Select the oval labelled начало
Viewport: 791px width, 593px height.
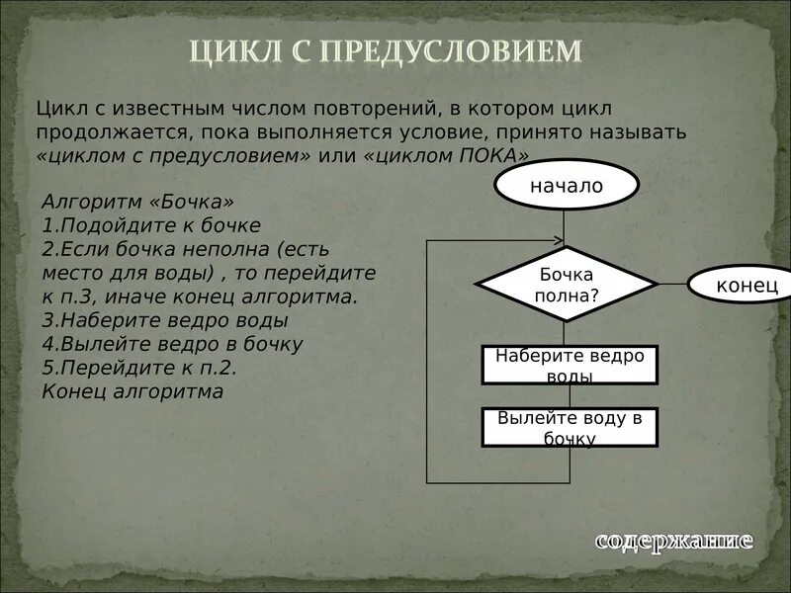(x=566, y=186)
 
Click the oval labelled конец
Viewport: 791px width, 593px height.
(x=747, y=285)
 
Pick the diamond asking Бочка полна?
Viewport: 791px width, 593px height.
(x=566, y=284)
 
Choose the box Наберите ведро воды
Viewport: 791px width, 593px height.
(x=570, y=365)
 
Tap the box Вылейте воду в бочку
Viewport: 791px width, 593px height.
(x=570, y=427)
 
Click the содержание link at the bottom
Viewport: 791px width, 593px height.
(x=673, y=541)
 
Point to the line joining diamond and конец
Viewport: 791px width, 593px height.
(x=672, y=284)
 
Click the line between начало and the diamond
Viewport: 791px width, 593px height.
(x=565, y=227)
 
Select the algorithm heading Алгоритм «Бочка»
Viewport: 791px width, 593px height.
(x=138, y=203)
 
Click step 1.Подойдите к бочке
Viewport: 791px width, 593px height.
(x=151, y=225)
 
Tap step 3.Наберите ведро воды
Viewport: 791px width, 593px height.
(x=165, y=320)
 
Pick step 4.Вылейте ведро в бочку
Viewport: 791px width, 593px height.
(x=172, y=344)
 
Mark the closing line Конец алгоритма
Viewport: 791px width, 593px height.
(x=133, y=391)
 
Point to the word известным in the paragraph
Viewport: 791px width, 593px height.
(x=159, y=107)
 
